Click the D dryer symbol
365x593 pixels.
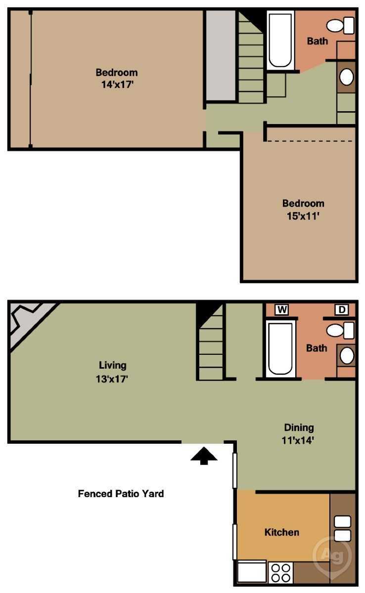(342, 309)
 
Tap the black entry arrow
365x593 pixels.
(204, 456)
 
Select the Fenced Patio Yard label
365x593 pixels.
(121, 494)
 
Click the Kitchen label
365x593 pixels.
(282, 532)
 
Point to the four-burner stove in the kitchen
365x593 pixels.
(281, 573)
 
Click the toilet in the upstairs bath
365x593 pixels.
(340, 25)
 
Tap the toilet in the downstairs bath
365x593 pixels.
(340, 331)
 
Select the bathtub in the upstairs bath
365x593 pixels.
(280, 41)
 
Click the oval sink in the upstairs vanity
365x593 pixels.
(347, 77)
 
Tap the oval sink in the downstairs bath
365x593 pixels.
(347, 355)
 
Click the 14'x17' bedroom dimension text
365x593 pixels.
(117, 85)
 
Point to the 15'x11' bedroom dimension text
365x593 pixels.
(303, 216)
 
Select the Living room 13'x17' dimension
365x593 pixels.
(112, 379)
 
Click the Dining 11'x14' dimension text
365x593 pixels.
(298, 440)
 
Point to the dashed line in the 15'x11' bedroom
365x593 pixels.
(310, 141)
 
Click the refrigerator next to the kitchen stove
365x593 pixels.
(252, 572)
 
